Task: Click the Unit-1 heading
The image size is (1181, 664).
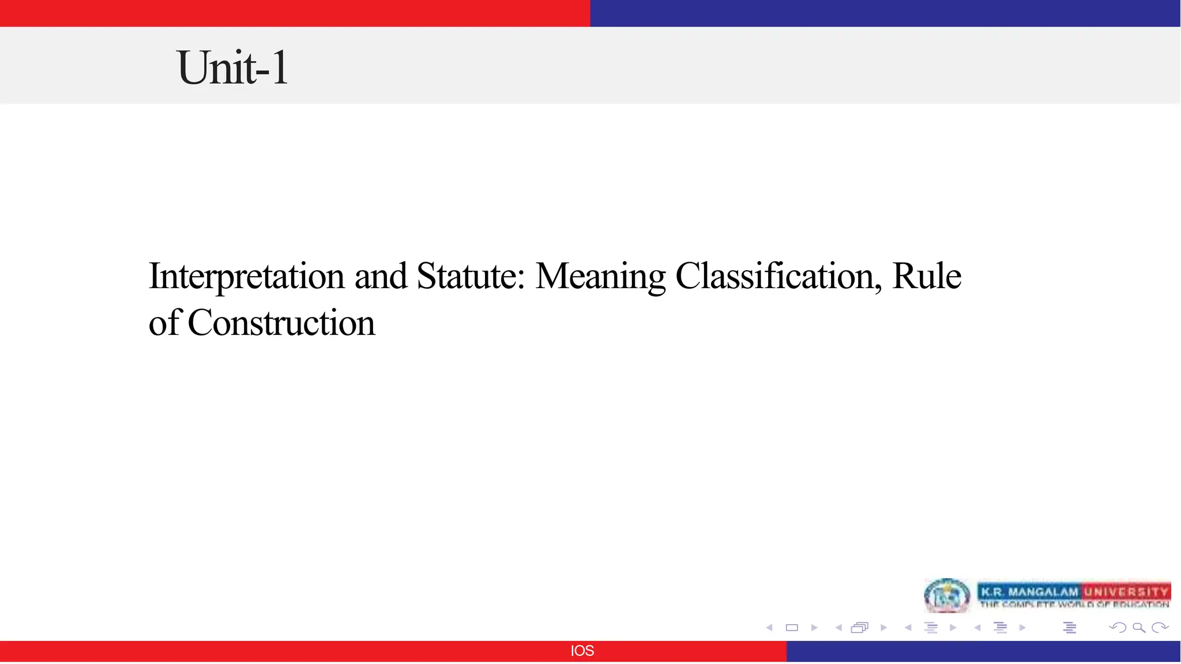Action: [x=232, y=67]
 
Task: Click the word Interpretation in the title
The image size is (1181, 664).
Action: [x=247, y=276]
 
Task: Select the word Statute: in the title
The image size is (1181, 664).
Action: [x=471, y=276]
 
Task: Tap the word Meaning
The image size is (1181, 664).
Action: [x=600, y=276]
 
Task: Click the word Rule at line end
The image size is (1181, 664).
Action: [x=926, y=276]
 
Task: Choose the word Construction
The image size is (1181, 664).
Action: [x=281, y=323]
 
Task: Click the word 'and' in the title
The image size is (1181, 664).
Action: [x=381, y=276]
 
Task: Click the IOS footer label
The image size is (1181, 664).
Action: [x=582, y=651]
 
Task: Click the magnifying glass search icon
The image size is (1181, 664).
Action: [x=1138, y=628]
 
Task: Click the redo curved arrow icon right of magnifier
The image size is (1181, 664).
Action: [x=1160, y=628]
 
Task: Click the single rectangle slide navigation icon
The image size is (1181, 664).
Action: [x=792, y=628]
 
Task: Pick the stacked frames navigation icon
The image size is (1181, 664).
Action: [x=859, y=628]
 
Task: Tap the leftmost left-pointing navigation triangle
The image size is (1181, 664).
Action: [x=769, y=628]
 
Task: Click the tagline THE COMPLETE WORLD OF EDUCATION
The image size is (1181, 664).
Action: [x=1074, y=605]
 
